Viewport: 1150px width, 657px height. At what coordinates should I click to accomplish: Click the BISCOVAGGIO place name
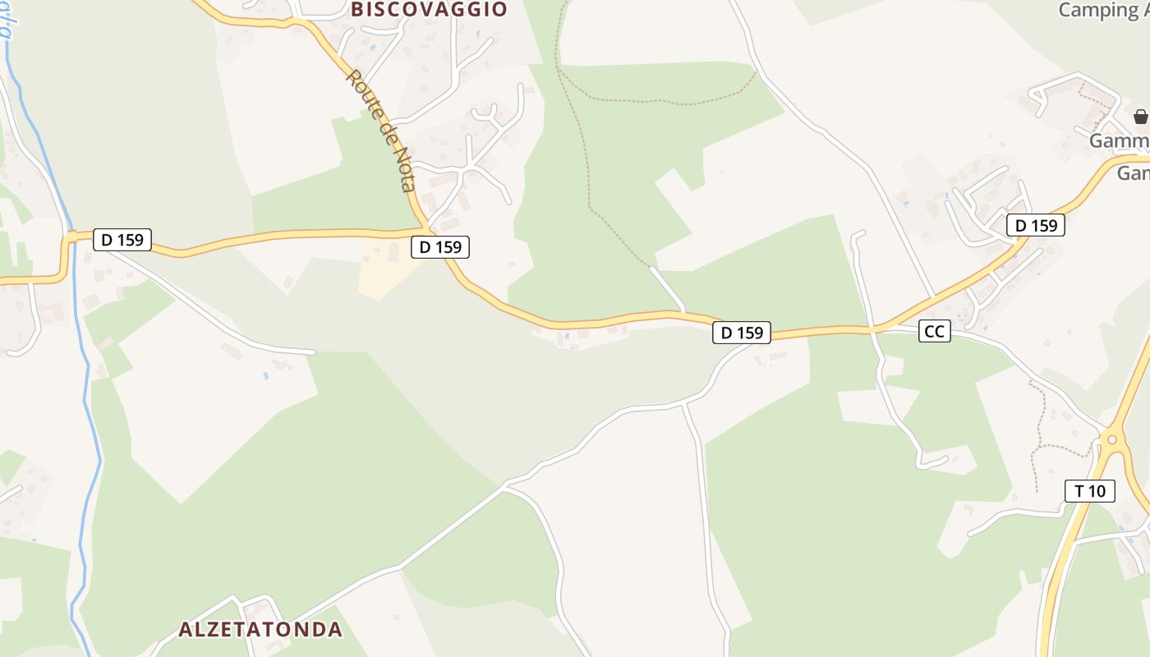click(429, 10)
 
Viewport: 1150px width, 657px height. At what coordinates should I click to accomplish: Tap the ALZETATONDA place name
click(260, 630)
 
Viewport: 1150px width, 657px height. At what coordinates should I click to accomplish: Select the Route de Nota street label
click(383, 130)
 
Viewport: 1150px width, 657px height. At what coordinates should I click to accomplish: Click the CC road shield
click(934, 331)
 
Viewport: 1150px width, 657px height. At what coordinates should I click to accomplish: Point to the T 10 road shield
click(1090, 491)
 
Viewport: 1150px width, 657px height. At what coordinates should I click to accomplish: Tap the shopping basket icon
click(1140, 116)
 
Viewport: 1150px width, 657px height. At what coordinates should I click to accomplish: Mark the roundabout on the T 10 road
click(1113, 439)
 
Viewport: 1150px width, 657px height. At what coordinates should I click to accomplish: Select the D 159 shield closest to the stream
click(122, 240)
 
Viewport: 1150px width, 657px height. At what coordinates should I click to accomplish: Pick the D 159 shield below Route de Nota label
click(440, 246)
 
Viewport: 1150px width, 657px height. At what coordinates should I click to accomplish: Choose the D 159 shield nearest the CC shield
click(742, 333)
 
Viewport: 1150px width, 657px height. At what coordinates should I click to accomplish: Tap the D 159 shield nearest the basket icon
click(1036, 225)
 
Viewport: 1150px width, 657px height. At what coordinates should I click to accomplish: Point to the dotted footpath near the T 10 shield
click(1042, 427)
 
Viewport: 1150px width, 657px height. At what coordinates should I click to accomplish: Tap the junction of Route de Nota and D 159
click(426, 229)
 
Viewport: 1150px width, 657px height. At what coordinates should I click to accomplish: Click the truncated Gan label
click(1133, 173)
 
